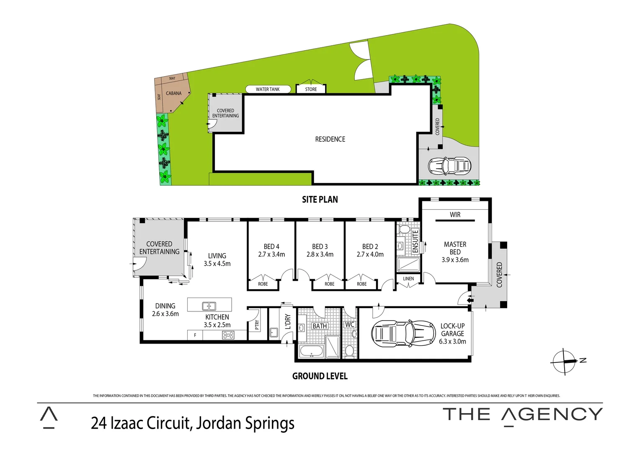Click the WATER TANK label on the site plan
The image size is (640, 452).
point(268,89)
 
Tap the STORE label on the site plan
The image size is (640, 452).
point(311,89)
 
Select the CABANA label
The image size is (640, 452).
point(174,93)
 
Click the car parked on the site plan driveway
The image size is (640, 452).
point(449,166)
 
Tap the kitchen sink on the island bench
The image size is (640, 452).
point(209,306)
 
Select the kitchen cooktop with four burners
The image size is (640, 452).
point(228,335)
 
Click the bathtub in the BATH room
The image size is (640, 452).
point(311,352)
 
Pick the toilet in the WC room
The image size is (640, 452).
point(349,350)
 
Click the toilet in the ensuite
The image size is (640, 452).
point(404,229)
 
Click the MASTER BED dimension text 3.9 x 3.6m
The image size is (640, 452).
point(455,260)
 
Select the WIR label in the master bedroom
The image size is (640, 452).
point(455,215)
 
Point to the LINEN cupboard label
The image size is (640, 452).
point(408,279)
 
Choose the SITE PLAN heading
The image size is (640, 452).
point(320,200)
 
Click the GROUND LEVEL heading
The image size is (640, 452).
point(320,376)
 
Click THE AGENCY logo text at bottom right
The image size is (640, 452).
point(522,415)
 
